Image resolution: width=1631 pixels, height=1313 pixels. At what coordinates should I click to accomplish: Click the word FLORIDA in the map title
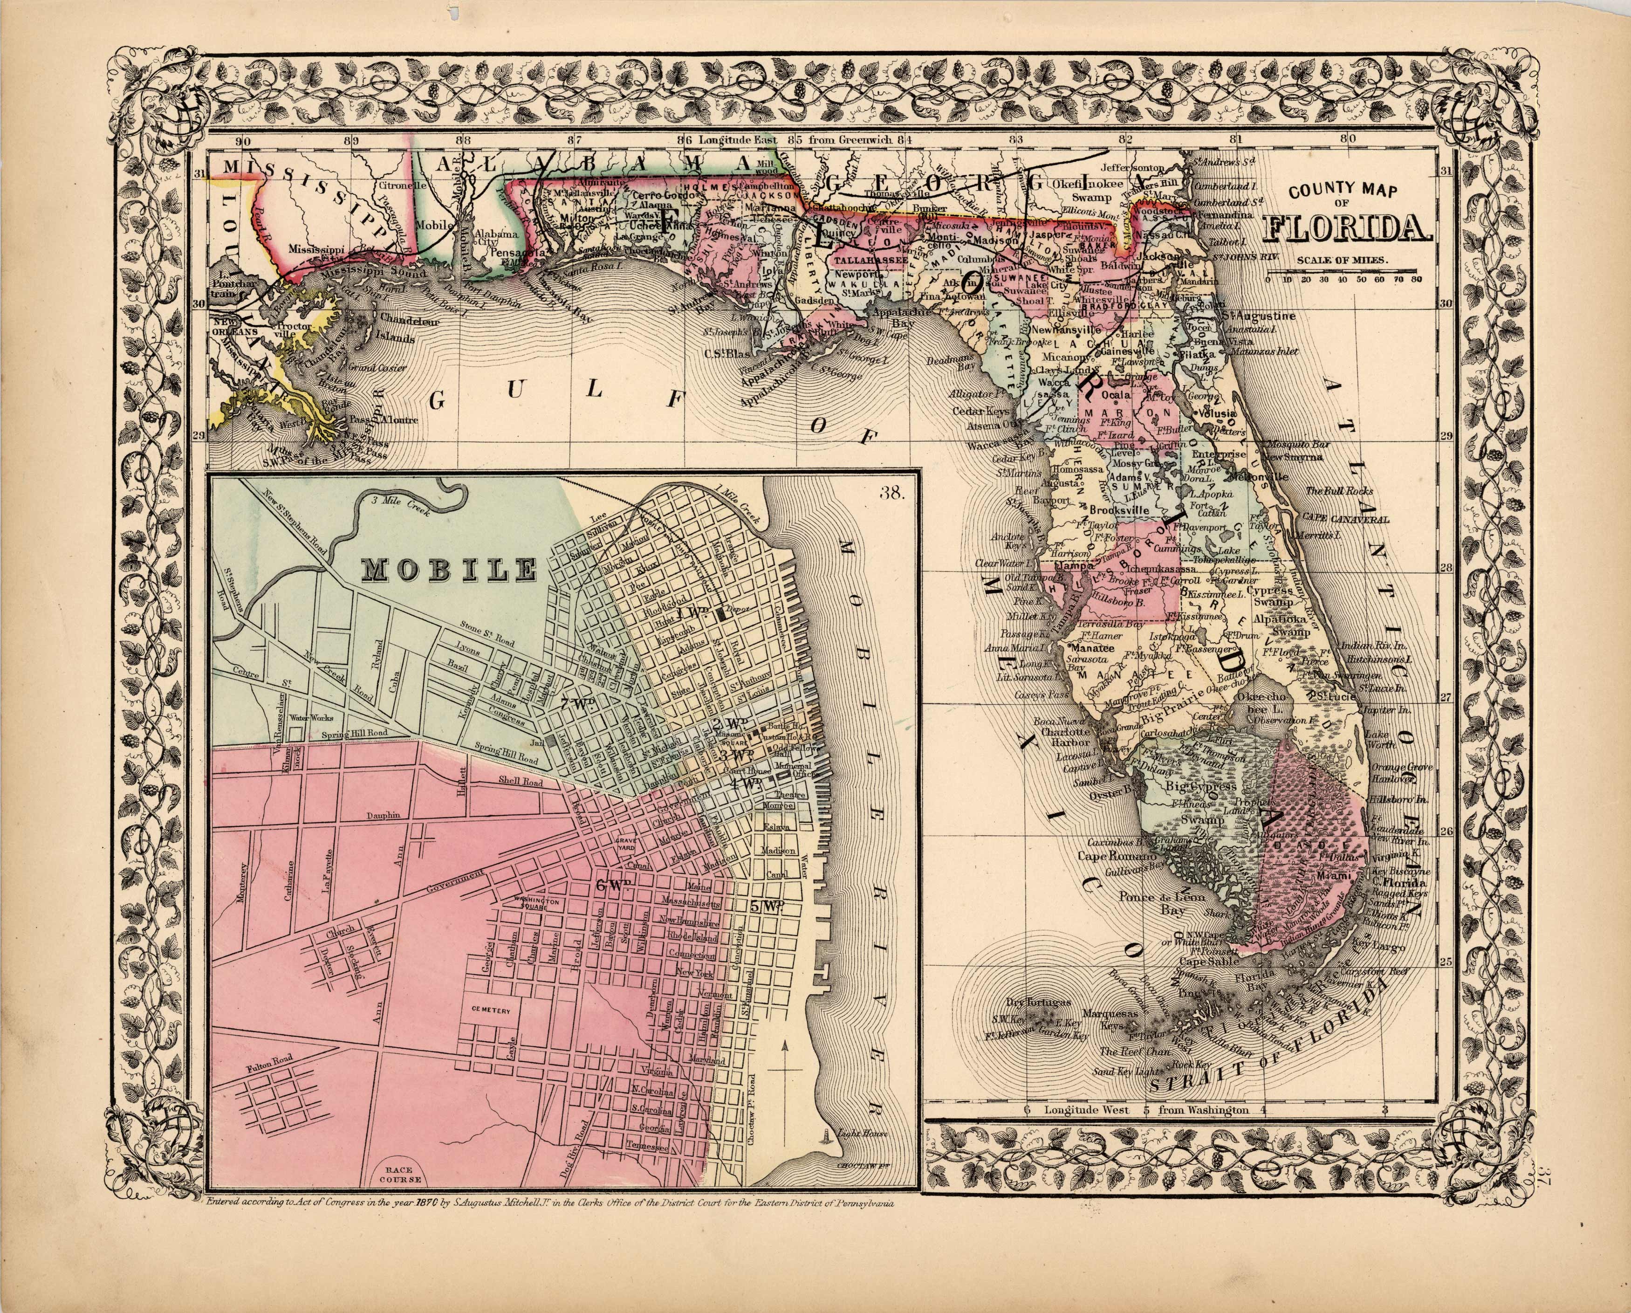[1347, 229]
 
